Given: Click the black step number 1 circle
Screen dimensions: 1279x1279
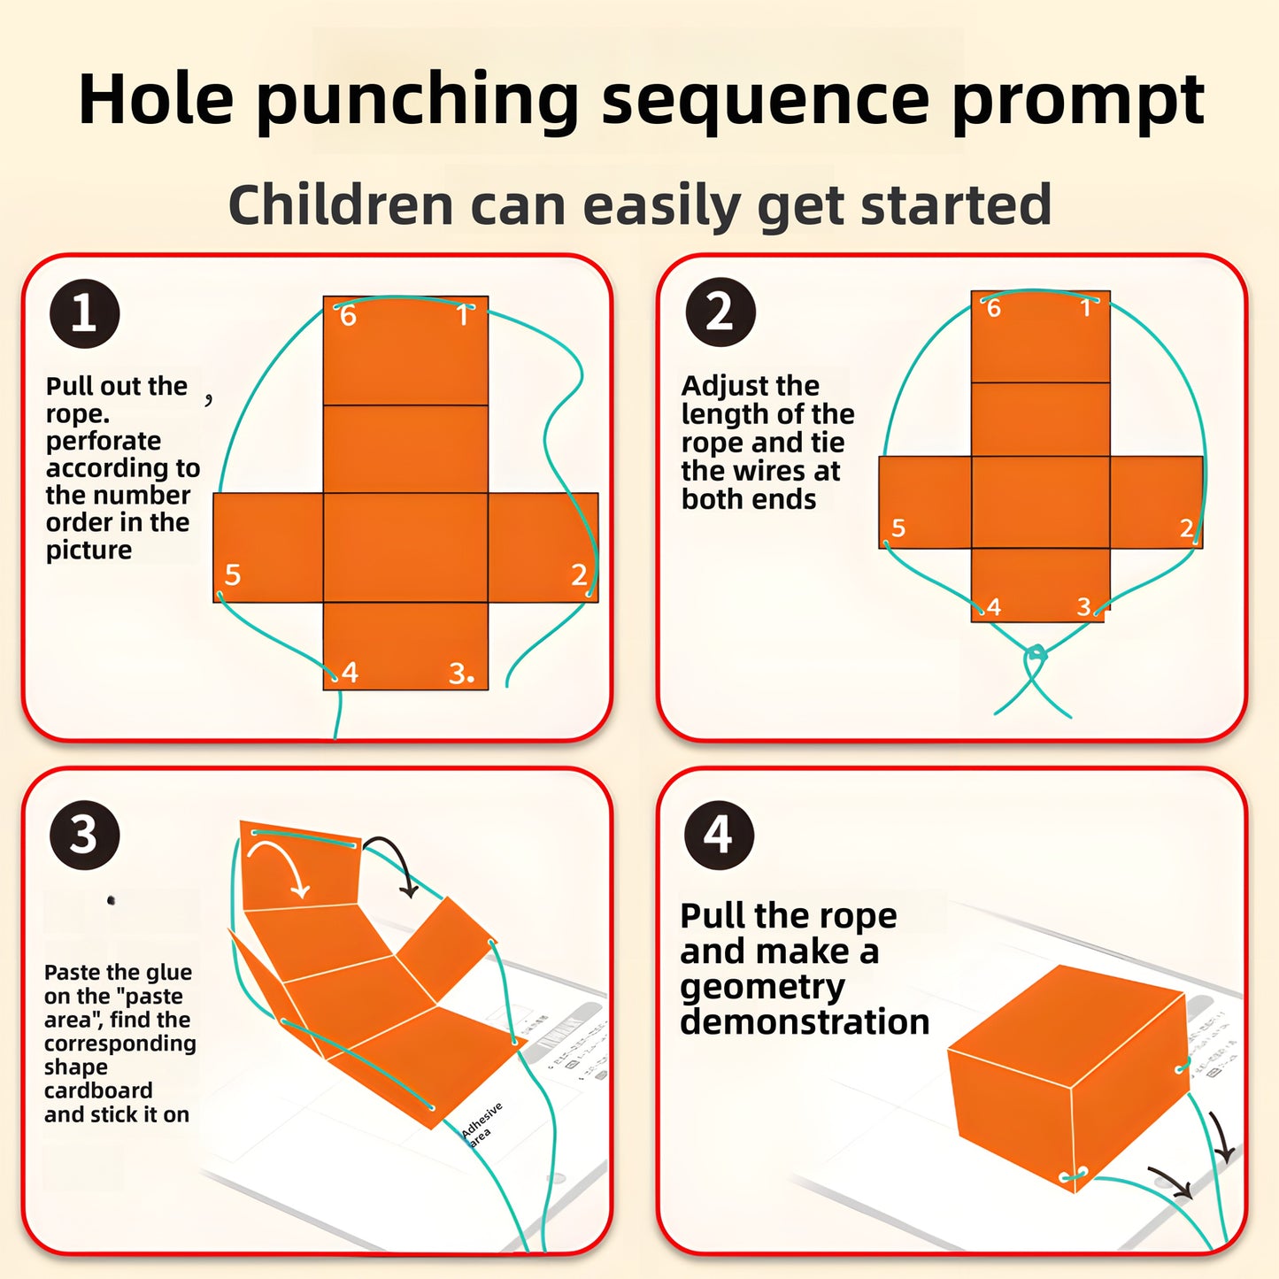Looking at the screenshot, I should pyautogui.click(x=84, y=313).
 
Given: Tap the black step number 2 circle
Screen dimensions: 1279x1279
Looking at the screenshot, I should pyautogui.click(x=720, y=312).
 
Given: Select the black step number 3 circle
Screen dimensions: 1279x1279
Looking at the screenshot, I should pyautogui.click(x=84, y=835).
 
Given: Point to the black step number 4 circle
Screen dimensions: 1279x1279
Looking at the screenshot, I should pyautogui.click(x=719, y=835).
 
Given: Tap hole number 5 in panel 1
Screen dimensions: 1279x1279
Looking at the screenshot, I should pyautogui.click(x=220, y=592).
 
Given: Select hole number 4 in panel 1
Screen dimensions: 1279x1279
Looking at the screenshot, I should pyautogui.click(x=335, y=676).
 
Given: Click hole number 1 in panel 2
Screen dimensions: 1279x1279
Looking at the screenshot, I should pyautogui.click(x=1098, y=301).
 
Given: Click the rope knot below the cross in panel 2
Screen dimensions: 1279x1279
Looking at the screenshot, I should pyautogui.click(x=1035, y=656).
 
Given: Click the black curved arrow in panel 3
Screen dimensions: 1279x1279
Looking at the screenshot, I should pyautogui.click(x=393, y=862).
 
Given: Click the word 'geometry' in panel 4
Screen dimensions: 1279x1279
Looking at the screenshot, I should pyautogui.click(x=762, y=987).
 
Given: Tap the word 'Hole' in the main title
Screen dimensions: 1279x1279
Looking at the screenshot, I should pyautogui.click(x=156, y=99).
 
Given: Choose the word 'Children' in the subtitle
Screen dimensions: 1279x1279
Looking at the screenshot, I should pyautogui.click(x=341, y=204).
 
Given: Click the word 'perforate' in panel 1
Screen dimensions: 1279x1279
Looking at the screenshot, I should pyautogui.click(x=104, y=441).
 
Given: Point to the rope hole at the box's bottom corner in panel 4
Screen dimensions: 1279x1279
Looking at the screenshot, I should pyautogui.click(x=1071, y=1176).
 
